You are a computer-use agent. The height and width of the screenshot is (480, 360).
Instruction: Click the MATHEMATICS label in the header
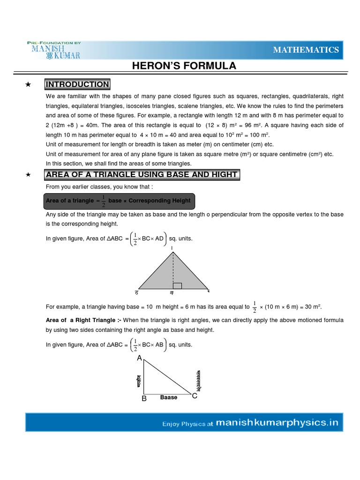click(x=306, y=50)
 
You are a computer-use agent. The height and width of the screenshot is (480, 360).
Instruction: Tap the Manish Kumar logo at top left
click(x=54, y=50)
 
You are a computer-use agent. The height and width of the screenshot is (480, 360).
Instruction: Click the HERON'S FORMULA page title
click(x=184, y=66)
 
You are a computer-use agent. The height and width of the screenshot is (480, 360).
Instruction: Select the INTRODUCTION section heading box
click(x=77, y=84)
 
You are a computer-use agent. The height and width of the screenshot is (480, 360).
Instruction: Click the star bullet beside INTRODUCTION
click(x=28, y=85)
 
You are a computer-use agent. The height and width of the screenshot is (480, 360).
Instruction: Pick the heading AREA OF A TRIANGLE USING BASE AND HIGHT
click(x=142, y=175)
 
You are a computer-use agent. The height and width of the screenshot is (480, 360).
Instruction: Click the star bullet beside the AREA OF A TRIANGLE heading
click(x=28, y=175)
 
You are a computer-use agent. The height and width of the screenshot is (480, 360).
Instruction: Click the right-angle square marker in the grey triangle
click(x=177, y=285)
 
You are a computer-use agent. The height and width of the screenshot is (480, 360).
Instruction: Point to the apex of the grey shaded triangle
click(x=173, y=252)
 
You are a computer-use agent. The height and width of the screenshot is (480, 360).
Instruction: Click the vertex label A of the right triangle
click(x=139, y=358)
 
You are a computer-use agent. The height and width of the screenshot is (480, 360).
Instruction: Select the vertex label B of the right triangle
click(x=144, y=398)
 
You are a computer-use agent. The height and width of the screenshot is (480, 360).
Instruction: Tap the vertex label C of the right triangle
click(x=195, y=396)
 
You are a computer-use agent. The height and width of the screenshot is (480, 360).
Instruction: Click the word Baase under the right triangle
click(x=169, y=397)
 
